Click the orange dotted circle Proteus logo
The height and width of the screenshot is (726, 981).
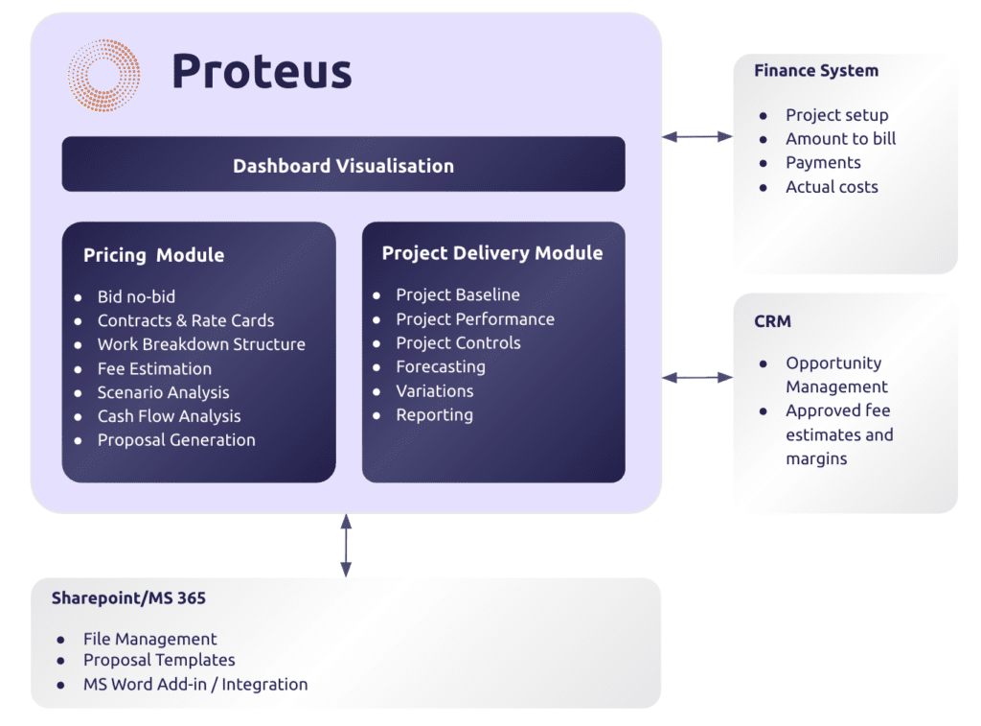tap(103, 75)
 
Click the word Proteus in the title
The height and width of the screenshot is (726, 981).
tap(262, 72)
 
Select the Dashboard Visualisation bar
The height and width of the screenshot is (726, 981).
tap(343, 165)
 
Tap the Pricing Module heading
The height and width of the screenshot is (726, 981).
tap(153, 255)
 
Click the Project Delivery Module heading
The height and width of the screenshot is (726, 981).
tap(492, 253)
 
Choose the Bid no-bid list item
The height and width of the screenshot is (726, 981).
tap(136, 296)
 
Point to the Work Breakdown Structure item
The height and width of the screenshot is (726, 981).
tap(201, 344)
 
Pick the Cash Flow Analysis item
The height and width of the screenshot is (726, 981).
tap(169, 416)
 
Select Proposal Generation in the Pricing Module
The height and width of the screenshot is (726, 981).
tap(176, 440)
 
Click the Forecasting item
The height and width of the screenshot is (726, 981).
tap(441, 366)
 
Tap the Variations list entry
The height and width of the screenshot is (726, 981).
tap(435, 391)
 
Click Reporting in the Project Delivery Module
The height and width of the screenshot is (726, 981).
tap(434, 415)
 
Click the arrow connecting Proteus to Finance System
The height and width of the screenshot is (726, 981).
tap(696, 137)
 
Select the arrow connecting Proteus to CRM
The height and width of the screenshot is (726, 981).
tap(696, 378)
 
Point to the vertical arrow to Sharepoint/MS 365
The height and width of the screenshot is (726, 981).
tap(346, 545)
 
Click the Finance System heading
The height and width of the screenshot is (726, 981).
tap(815, 70)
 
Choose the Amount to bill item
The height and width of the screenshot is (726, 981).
tap(840, 138)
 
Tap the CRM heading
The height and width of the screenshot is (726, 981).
tap(772, 321)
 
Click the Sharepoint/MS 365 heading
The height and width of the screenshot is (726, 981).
tap(128, 598)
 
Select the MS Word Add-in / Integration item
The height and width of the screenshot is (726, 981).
tap(195, 685)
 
